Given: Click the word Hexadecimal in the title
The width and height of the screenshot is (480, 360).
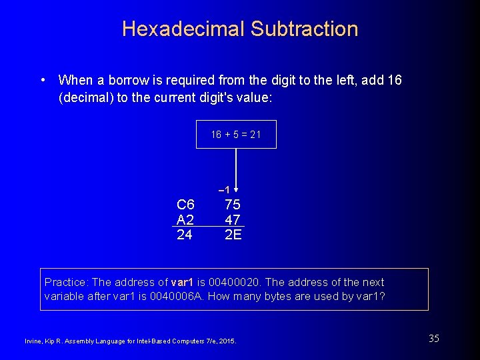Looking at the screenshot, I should click(183, 29).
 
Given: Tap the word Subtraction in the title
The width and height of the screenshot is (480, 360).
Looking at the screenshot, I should click(305, 29).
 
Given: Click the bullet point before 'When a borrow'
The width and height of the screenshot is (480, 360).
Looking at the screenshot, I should click(43, 80).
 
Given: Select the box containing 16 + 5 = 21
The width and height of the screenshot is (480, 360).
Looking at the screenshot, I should click(236, 134).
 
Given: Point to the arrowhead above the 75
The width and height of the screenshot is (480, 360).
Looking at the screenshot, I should click(236, 189).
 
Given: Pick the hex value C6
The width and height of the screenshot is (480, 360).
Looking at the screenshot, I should click(185, 205).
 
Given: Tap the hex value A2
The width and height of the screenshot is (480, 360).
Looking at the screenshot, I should click(185, 219).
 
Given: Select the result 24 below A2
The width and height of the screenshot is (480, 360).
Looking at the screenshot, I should click(185, 235).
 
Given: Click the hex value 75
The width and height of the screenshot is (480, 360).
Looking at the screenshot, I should click(233, 205).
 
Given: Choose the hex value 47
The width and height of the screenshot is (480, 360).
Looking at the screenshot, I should click(233, 219).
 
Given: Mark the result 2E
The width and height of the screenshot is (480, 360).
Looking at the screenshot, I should click(233, 235).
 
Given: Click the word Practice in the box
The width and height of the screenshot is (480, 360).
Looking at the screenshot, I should click(65, 282).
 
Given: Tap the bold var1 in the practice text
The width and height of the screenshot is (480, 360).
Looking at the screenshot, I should click(183, 282).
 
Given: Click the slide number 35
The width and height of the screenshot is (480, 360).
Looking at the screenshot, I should click(434, 339).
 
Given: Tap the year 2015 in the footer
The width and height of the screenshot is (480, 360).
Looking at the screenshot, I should click(226, 341).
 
